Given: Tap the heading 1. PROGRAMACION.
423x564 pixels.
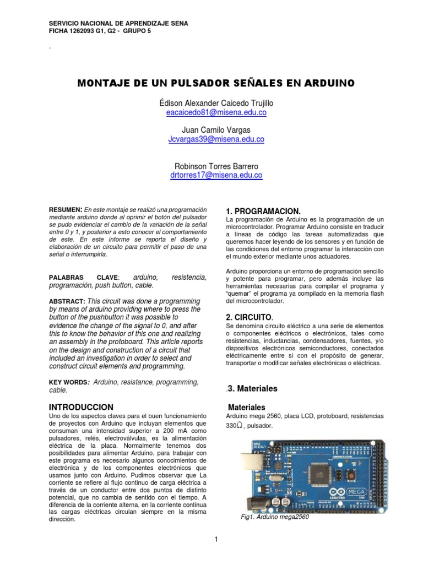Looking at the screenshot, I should (263, 211).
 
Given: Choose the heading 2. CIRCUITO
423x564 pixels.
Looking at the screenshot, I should (249, 317).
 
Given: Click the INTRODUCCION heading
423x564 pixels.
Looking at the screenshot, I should (82, 406).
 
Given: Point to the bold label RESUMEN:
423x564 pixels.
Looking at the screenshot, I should (66, 210).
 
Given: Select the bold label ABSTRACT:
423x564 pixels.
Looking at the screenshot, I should (67, 301).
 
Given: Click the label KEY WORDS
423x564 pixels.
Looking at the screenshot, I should (69, 382).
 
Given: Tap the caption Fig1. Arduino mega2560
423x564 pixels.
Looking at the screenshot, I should (275, 517).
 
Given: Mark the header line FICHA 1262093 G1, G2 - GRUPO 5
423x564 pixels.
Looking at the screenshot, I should (100, 31).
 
